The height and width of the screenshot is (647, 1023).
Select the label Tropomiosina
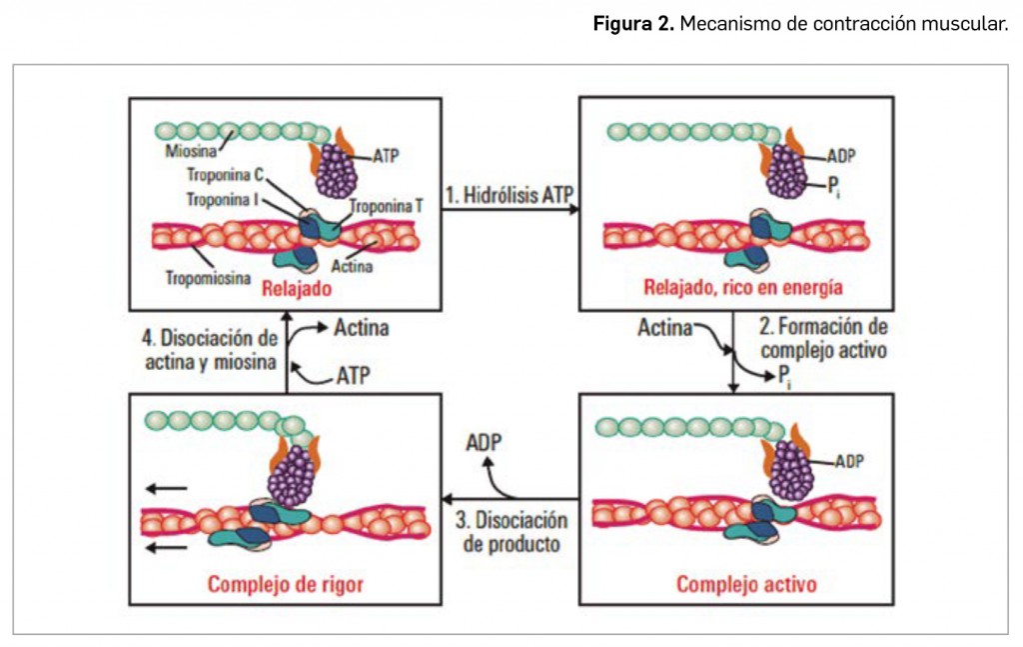[208, 278]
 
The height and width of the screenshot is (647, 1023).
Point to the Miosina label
[189, 152]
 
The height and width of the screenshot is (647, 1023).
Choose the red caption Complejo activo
[732, 583]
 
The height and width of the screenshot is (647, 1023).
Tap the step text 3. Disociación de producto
[511, 532]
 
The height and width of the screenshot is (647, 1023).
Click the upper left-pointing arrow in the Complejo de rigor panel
[166, 489]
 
